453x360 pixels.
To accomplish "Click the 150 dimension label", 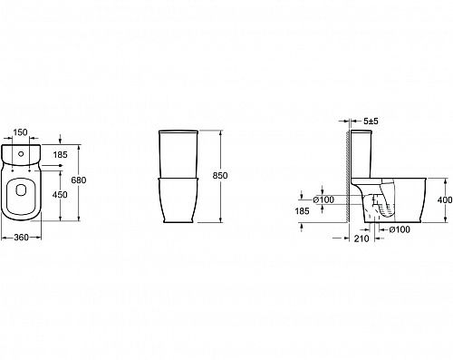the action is tap(21, 132).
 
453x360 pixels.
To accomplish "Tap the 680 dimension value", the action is tap(79, 180).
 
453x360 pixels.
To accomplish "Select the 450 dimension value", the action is tap(60, 195).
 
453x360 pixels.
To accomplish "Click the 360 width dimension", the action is tap(21, 238).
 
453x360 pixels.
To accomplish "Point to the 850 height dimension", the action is tap(220, 176).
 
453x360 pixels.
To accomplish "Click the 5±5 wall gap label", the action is tap(371, 122).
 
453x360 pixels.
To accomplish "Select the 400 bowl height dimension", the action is tap(445, 199).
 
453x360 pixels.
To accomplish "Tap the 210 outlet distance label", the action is tap(361, 238).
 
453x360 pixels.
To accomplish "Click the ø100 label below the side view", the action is tap(400, 229).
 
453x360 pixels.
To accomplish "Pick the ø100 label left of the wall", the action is tap(323, 199).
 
